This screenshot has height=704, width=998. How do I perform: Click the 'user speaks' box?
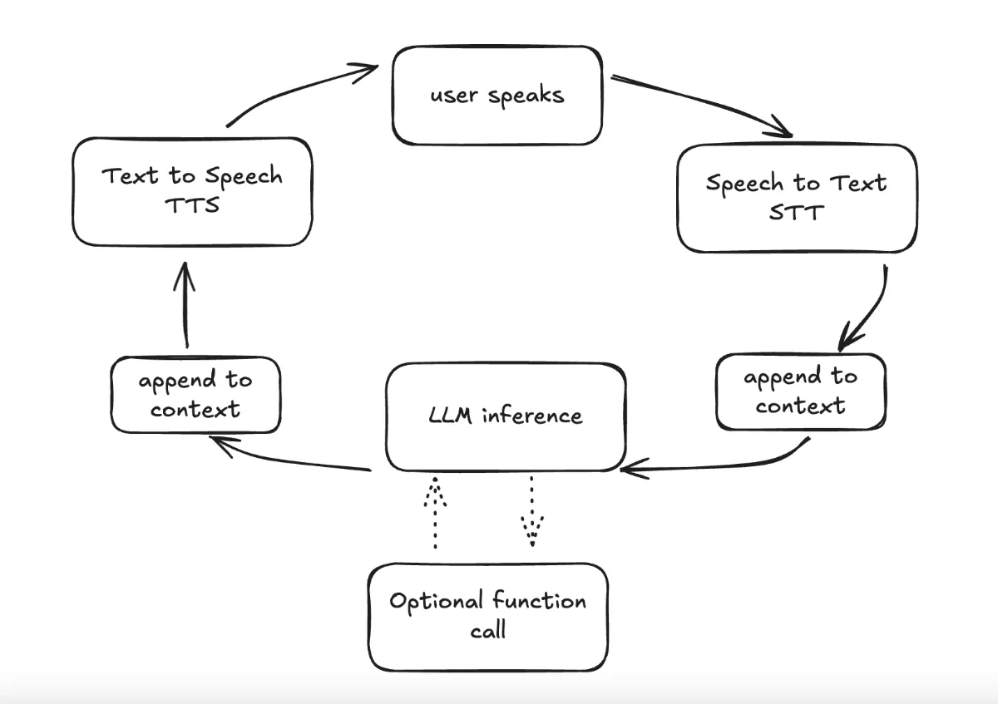[497, 96]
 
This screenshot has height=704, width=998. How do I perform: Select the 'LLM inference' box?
[505, 416]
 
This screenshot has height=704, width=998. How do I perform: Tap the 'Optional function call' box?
[488, 616]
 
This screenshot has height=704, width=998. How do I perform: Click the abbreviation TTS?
[192, 205]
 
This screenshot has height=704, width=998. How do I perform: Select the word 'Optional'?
[436, 601]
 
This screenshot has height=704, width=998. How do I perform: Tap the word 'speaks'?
[526, 96]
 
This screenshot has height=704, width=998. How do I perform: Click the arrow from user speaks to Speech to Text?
[703, 104]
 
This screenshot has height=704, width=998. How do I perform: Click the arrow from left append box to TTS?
[185, 308]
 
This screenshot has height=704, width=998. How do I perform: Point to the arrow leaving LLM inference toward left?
[291, 460]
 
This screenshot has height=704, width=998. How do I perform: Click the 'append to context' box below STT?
[800, 391]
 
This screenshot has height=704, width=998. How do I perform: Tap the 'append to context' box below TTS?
[195, 394]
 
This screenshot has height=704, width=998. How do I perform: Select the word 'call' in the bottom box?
[488, 631]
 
